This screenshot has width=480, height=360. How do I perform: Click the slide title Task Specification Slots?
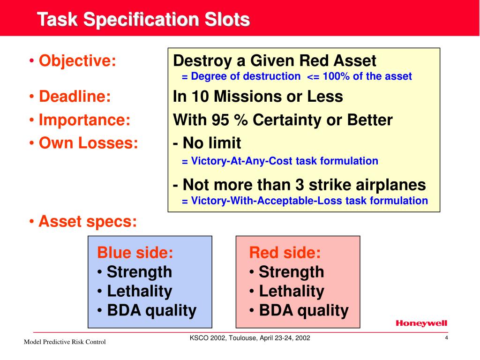point(143,19)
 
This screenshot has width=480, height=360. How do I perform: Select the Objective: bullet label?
point(77,60)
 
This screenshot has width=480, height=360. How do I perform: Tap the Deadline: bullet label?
point(75,96)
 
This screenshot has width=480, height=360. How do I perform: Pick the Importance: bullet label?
point(84,120)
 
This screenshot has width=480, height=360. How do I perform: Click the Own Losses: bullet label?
point(89,143)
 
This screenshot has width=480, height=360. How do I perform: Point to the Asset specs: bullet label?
point(88,222)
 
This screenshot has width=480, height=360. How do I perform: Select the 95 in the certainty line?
point(220,120)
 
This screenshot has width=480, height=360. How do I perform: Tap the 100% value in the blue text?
point(336,76)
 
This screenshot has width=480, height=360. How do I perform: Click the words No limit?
point(211,143)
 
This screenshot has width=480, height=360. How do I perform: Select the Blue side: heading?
point(135,253)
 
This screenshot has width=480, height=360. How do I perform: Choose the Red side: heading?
point(285,253)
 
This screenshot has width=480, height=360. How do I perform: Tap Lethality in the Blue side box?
point(140,291)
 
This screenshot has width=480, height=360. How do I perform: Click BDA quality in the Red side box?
point(304,310)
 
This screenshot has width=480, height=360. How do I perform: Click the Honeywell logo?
point(421,323)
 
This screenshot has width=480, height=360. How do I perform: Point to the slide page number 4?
point(447,338)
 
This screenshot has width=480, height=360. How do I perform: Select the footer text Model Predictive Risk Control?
point(65,342)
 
